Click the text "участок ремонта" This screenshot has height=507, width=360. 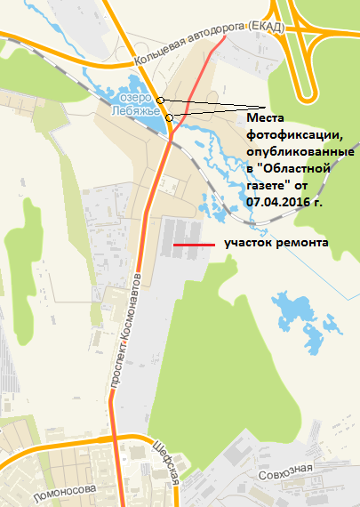point(276,243)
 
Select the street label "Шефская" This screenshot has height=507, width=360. point(167,462)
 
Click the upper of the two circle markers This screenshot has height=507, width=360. point(159,100)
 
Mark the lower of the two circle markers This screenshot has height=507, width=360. point(169,117)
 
